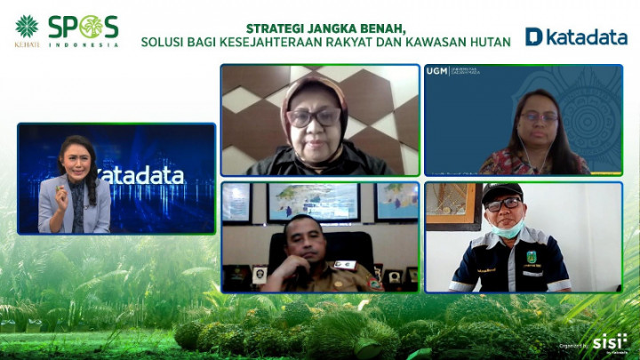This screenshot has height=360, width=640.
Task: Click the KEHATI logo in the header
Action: tap(27, 30)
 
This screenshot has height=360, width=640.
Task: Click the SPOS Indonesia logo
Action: tap(83, 30)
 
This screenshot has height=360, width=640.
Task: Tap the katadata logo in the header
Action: tap(576, 36)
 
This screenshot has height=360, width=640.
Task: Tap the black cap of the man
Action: tap(502, 192)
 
